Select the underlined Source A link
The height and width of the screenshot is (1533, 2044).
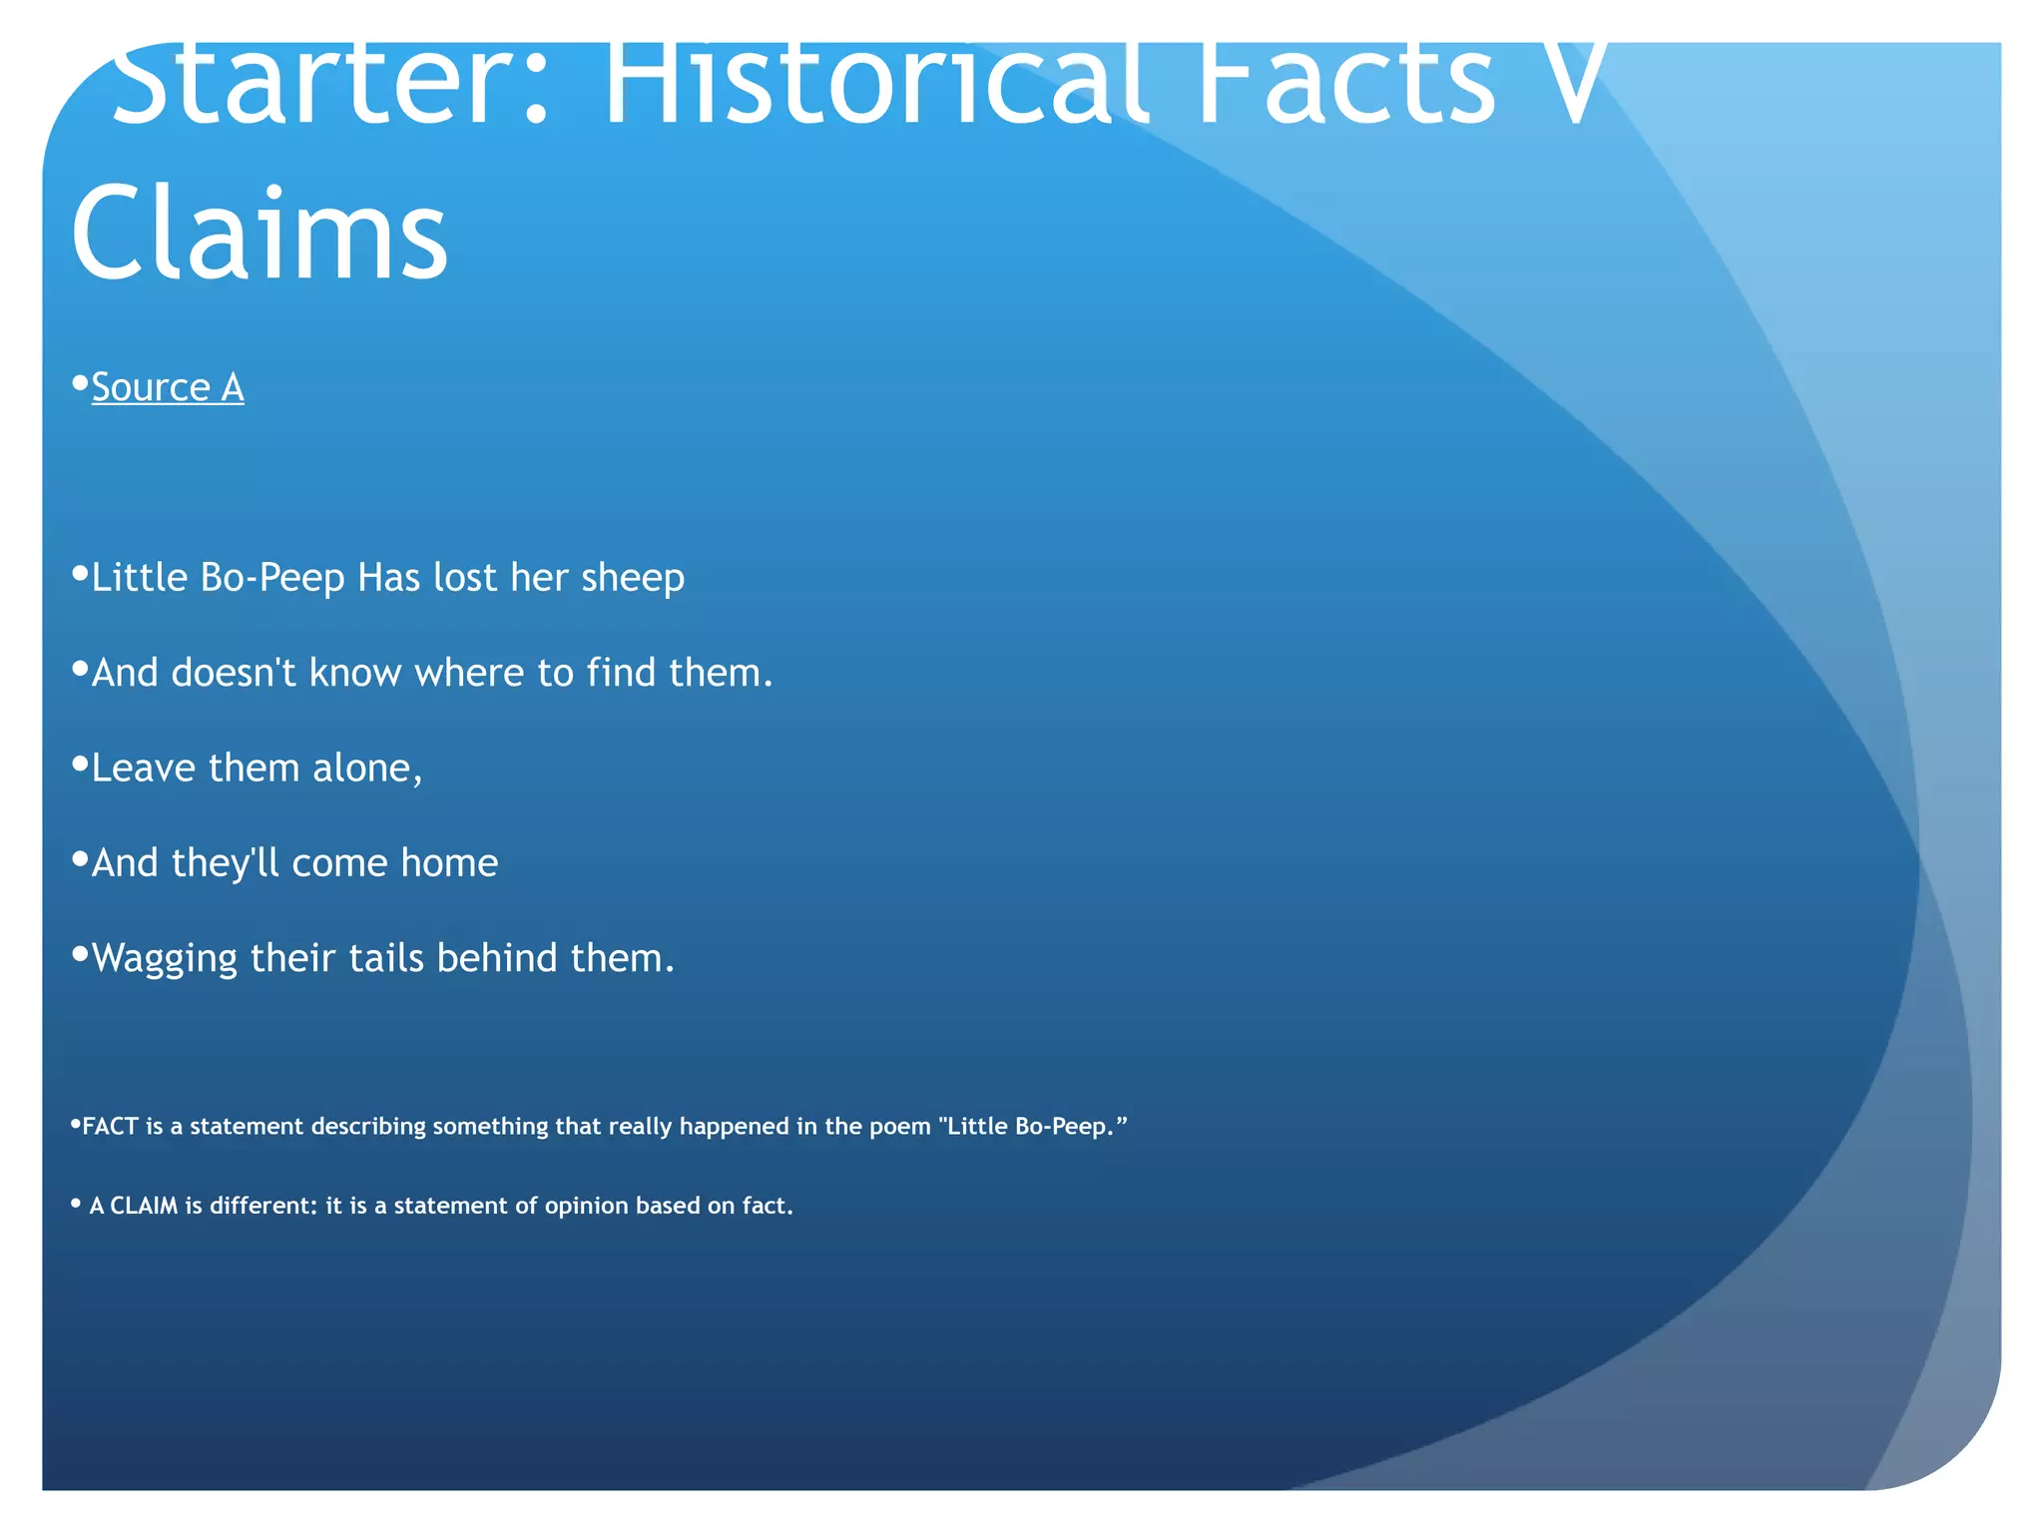tap(168, 387)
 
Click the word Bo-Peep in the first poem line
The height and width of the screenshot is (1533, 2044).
tap(271, 578)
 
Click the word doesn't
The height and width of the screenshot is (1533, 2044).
tap(234, 673)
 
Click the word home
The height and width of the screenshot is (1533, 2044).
tap(449, 863)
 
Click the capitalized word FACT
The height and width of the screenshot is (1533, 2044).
tap(110, 1127)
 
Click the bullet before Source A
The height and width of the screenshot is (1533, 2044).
tap(80, 382)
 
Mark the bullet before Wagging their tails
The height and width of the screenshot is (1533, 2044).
tap(80, 954)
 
